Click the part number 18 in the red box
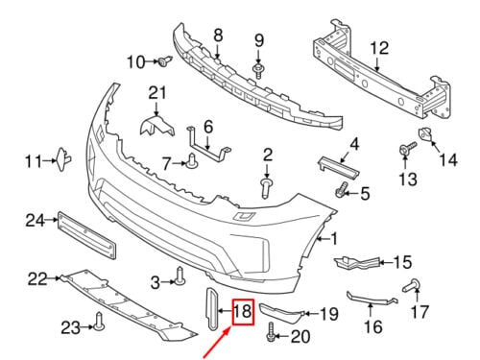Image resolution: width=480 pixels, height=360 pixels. point(243,311)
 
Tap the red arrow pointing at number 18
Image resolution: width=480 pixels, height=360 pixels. point(217,342)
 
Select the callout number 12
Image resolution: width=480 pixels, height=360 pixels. point(379,48)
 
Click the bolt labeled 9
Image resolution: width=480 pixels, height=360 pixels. point(258,71)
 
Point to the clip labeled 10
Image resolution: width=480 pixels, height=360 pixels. point(165,60)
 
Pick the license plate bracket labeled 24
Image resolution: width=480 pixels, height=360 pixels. point(86,234)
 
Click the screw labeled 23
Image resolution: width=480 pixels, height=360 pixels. point(99,322)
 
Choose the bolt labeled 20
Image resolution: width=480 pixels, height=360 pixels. point(271,333)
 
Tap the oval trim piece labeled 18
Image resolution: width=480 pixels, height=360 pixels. point(211,308)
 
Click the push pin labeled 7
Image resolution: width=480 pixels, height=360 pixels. point(192,161)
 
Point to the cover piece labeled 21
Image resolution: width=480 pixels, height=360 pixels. point(156,126)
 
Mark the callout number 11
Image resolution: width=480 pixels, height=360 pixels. point(34,161)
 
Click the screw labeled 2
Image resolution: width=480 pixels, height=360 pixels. point(266,189)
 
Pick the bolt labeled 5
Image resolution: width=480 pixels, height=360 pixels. point(342,189)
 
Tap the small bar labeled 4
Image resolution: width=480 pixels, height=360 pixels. point(338,168)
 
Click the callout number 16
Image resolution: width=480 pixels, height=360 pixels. point(373,326)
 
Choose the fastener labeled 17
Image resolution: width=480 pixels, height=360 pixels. point(412,285)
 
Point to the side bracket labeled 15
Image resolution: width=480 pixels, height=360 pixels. point(357,262)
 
